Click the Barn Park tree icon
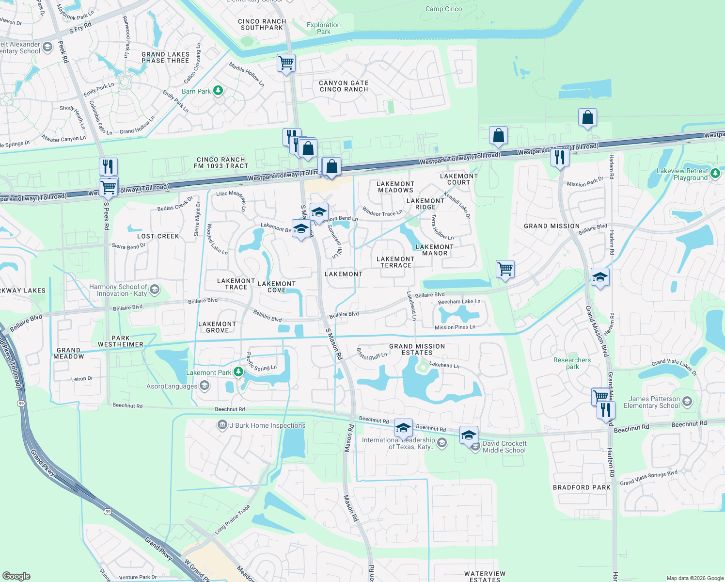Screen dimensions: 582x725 tap(218, 91)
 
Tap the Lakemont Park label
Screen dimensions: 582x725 tap(209, 372)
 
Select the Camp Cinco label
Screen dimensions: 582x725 tap(443, 9)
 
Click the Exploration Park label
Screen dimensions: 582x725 tap(324, 28)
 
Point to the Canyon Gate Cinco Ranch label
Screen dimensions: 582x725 tap(344, 86)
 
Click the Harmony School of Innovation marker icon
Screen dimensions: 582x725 tap(155, 290)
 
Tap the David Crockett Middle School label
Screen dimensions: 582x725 tap(504, 447)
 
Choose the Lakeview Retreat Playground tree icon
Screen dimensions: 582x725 tap(715, 173)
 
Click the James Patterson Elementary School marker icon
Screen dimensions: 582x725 tap(687, 402)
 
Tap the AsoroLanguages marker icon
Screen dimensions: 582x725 tap(204, 386)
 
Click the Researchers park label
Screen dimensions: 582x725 tap(572, 363)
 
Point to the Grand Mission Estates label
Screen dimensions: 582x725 tap(417, 349)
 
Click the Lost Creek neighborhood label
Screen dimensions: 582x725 tap(158, 236)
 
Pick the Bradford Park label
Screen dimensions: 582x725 tap(582, 487)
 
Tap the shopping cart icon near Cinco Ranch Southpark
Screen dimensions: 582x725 tap(286, 63)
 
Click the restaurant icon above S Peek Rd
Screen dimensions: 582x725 tap(109, 166)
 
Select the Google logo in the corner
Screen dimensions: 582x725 tap(16, 576)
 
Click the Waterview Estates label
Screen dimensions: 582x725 tap(485, 576)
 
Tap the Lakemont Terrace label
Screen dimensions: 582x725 tap(395, 262)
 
